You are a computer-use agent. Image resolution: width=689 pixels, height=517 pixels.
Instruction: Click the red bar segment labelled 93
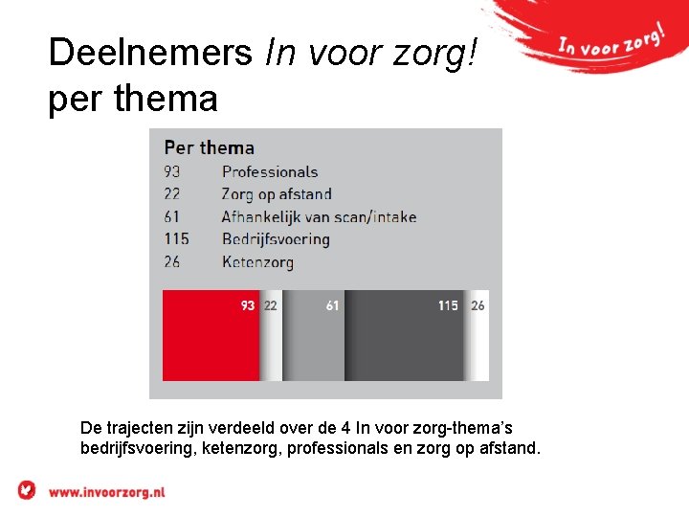coord(211,340)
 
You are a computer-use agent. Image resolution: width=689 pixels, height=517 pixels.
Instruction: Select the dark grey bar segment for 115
coord(404,340)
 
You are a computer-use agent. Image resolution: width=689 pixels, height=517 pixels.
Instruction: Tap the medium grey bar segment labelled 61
coord(313,340)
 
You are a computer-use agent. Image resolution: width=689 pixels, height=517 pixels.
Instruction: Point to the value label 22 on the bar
coord(271,306)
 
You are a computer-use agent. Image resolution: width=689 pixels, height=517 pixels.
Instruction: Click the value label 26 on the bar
coord(478,306)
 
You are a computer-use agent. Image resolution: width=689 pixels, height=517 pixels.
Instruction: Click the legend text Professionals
coord(269,172)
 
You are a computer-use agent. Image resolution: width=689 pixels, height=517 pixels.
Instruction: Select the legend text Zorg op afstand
coord(277,194)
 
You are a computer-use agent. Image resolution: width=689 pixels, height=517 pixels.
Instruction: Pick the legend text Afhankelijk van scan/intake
coord(319,217)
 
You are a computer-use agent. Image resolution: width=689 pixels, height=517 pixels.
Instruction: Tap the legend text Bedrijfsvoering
coord(276,239)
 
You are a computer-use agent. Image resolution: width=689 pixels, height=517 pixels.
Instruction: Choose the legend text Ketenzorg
coord(257,261)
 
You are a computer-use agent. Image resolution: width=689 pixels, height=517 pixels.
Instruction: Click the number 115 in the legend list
coord(177,239)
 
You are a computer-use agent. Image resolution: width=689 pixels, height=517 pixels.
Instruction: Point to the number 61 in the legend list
coord(172,217)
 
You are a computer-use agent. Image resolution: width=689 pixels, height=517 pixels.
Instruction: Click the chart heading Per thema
coord(209,147)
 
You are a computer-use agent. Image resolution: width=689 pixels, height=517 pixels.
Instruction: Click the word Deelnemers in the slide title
coord(150,53)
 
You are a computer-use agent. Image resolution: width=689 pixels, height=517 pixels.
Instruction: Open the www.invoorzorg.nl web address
coord(106,491)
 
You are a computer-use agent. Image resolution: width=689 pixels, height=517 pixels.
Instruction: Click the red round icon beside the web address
coord(27,490)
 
